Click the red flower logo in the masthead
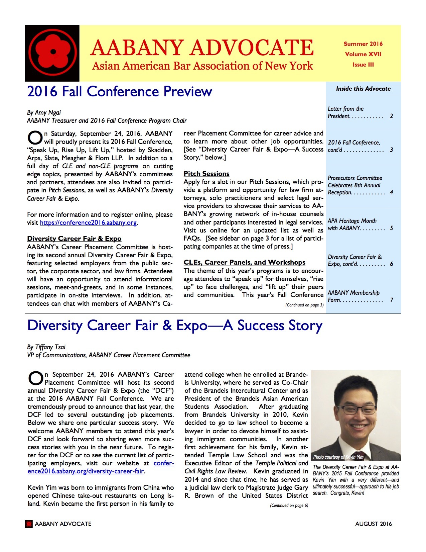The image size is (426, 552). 52,53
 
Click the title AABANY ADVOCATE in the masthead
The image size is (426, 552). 202,48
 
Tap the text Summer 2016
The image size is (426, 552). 363,44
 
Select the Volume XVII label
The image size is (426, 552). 363,54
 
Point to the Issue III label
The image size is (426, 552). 363,65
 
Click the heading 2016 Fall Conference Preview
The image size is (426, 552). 120,92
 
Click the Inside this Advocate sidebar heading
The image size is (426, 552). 363,89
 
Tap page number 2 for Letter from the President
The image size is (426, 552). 391,116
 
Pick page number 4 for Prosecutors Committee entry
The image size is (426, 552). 391,192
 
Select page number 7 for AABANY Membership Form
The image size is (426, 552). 392,300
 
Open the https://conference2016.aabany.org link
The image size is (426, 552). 88,223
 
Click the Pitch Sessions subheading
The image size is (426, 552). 206,174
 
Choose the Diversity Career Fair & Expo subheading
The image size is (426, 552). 74,239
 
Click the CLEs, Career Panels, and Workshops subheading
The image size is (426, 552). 244,262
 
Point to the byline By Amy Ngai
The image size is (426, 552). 44,112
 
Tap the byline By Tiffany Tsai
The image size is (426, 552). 46,347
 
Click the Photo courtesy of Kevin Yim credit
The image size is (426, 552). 338,457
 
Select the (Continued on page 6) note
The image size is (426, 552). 289,505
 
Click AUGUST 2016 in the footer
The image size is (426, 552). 374,524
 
